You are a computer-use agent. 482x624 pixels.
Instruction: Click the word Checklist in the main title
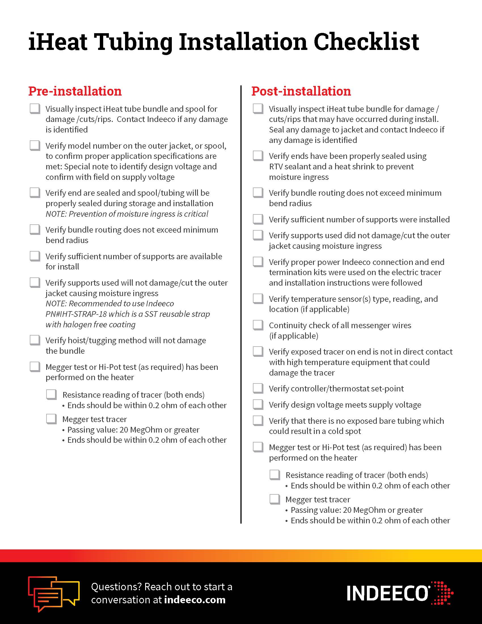click(x=366, y=42)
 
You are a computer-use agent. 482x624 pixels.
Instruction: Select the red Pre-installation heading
click(x=75, y=91)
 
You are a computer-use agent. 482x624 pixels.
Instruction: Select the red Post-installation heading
click(x=301, y=91)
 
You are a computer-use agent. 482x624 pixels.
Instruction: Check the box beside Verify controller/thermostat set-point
click(x=258, y=388)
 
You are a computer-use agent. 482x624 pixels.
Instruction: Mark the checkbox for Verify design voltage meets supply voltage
click(x=258, y=404)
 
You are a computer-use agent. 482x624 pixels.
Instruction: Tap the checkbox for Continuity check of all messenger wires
click(x=258, y=325)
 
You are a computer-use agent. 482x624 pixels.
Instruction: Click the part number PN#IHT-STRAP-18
click(x=76, y=314)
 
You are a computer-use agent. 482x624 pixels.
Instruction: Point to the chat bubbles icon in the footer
click(x=53, y=593)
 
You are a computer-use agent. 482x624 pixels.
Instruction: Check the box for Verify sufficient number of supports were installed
click(x=258, y=219)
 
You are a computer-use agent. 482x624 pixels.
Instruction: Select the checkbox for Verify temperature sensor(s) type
click(x=258, y=299)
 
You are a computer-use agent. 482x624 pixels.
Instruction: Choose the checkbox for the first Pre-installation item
click(x=35, y=109)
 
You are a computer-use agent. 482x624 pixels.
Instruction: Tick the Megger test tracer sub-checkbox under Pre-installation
click(x=51, y=419)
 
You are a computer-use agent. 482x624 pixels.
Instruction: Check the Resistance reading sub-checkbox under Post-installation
click(x=275, y=475)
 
